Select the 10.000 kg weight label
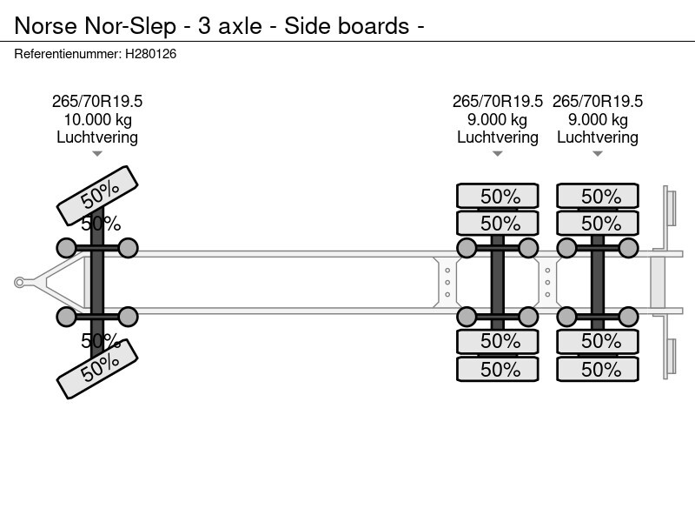[x=97, y=119]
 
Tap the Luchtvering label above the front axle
[x=97, y=137]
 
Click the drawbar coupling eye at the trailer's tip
[x=20, y=282]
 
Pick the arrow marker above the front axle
[x=97, y=154]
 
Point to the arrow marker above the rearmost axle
[x=598, y=154]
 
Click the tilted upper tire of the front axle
[x=97, y=195]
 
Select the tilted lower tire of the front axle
[x=97, y=368]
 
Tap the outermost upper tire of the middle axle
[x=498, y=197]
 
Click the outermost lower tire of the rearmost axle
[x=598, y=369]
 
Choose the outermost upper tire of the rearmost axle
[x=598, y=197]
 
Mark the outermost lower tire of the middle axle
[x=498, y=369]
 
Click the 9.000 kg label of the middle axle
[x=498, y=119]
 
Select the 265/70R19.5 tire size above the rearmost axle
[x=598, y=101]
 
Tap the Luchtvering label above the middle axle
[x=498, y=137]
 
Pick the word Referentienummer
[x=67, y=54]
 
